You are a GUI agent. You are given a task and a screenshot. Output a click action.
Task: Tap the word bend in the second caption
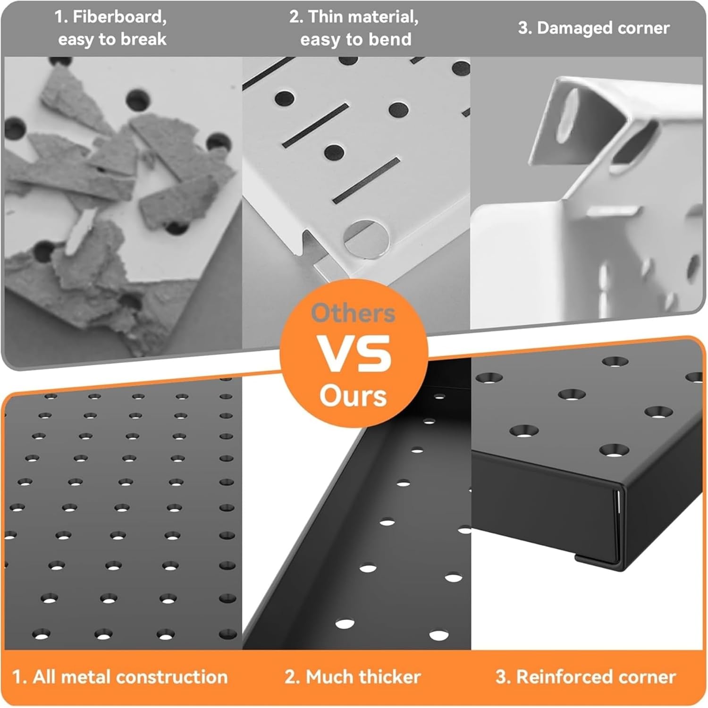point(390,39)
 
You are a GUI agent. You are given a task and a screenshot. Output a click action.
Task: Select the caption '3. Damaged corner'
point(594,28)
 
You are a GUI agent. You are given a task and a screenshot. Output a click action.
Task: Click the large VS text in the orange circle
point(354,354)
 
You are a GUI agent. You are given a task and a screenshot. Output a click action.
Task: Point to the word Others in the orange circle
point(354,313)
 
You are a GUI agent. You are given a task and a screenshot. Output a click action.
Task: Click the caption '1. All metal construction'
point(120,677)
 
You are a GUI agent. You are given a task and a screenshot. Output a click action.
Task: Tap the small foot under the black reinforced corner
point(596,560)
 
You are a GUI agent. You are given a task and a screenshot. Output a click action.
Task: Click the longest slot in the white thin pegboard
point(366,180)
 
